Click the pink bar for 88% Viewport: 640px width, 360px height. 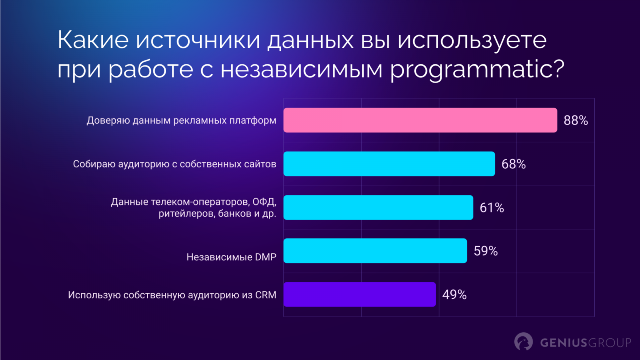[420, 120]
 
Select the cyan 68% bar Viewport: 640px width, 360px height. [389, 164]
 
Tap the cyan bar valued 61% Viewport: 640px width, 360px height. [378, 207]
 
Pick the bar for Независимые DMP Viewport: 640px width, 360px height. [375, 251]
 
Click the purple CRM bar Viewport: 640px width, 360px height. [360, 294]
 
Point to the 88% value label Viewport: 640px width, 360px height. [576, 120]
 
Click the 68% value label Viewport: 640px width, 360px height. [514, 164]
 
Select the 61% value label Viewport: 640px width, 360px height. [492, 208]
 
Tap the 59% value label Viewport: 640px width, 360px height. [486, 251]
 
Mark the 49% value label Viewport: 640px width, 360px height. [454, 295]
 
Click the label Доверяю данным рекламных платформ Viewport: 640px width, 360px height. [181, 120]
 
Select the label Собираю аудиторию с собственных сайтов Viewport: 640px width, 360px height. [174, 164]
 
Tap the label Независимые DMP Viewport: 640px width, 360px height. [231, 257]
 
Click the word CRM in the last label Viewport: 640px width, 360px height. [266, 295]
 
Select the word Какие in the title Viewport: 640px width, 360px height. [93, 40]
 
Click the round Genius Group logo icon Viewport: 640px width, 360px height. [523, 342]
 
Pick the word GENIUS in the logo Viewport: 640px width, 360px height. [563, 343]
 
